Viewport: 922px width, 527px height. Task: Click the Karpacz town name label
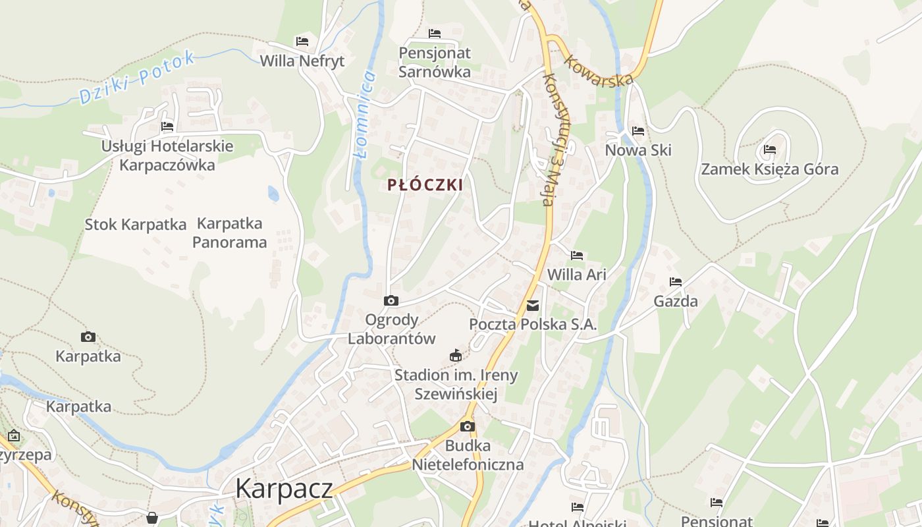pyautogui.click(x=284, y=489)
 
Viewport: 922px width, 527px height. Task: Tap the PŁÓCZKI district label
pyautogui.click(x=425, y=185)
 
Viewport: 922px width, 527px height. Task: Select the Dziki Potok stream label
pyautogui.click(x=137, y=78)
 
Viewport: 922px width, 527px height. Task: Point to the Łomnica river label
pyautogui.click(x=364, y=115)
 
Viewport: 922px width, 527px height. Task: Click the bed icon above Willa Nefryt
pyautogui.click(x=302, y=41)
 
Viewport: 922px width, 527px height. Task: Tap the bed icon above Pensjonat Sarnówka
pyautogui.click(x=435, y=33)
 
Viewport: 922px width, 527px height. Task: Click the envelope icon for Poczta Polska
pyautogui.click(x=533, y=306)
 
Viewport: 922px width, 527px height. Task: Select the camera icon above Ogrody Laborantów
pyautogui.click(x=391, y=301)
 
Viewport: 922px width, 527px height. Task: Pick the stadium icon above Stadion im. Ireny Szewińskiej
pyautogui.click(x=456, y=356)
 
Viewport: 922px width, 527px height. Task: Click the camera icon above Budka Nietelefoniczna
pyautogui.click(x=468, y=426)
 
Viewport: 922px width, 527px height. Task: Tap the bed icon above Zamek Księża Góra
pyautogui.click(x=770, y=150)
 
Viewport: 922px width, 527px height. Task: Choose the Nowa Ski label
pyautogui.click(x=638, y=150)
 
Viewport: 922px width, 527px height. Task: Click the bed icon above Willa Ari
pyautogui.click(x=577, y=255)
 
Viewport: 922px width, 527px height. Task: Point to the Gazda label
pyautogui.click(x=676, y=302)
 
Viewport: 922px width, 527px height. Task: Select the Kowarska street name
pyautogui.click(x=601, y=70)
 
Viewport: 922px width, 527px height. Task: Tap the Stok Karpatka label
pyautogui.click(x=136, y=225)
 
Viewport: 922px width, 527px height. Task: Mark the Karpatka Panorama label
pyautogui.click(x=230, y=233)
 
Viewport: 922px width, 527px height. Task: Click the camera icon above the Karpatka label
pyautogui.click(x=88, y=337)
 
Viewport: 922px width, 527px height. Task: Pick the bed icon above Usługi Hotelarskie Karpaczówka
pyautogui.click(x=167, y=126)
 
